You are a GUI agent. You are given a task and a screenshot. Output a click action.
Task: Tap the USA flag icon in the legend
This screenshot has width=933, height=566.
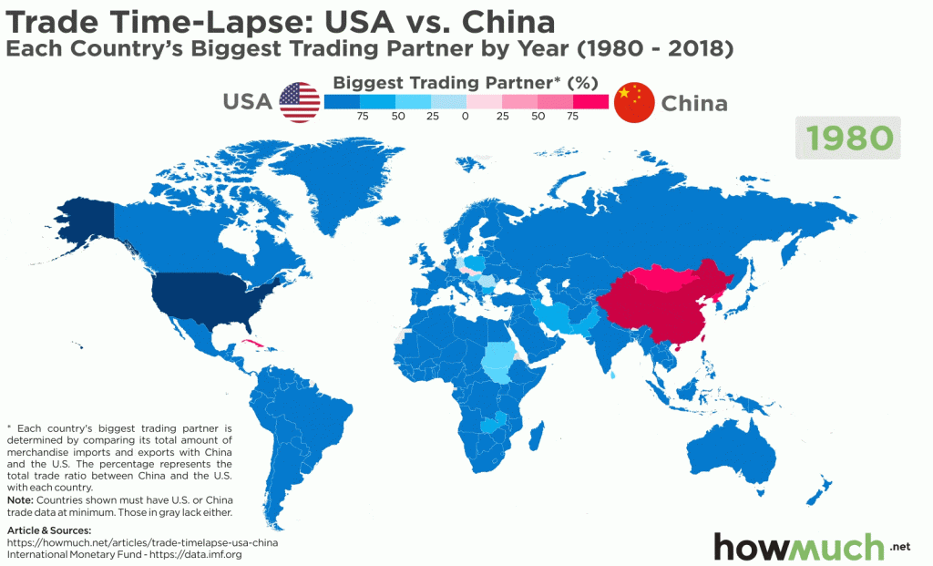pos(299,102)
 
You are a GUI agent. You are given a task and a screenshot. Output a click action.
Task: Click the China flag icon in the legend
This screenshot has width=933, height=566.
pos(633,102)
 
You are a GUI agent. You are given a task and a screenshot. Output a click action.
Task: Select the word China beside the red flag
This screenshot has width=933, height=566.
pos(694,103)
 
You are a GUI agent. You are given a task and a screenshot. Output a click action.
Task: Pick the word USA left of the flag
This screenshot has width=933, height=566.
pos(248,102)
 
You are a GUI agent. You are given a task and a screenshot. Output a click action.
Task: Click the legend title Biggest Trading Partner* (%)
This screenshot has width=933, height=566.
pos(466,82)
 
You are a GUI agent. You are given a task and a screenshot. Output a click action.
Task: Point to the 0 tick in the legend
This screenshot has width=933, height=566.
pos(466,117)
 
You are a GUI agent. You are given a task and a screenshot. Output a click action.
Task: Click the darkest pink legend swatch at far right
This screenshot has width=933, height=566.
pos(590,101)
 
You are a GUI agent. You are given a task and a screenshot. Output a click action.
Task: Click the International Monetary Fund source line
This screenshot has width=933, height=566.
pos(124,553)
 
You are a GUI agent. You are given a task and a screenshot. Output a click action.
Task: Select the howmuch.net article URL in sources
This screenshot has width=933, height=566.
pos(141,541)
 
